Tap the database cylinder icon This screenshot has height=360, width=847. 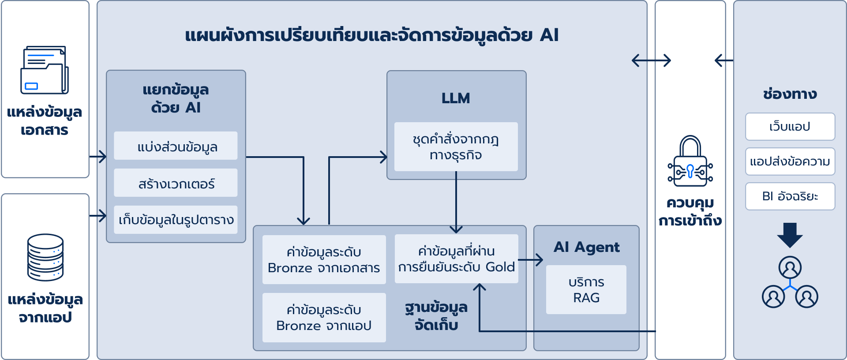(45, 257)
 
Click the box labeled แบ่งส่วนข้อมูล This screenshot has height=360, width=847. (176, 146)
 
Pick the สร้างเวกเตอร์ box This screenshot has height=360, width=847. (176, 183)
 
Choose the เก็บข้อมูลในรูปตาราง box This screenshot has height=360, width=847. (176, 220)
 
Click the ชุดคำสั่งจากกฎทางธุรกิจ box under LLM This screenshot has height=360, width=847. (456, 147)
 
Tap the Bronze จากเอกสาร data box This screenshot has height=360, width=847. (324, 260)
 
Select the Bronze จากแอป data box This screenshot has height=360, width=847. (324, 318)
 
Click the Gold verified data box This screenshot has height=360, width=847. (456, 259)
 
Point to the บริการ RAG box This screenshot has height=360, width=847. (586, 290)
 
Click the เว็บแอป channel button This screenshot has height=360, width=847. (790, 127)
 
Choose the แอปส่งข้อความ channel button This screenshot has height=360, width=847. (790, 161)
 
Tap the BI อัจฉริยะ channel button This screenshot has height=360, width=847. (790, 196)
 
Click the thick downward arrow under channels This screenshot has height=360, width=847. (790, 235)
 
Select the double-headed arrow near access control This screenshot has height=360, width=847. (651, 60)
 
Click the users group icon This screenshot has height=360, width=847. (790, 282)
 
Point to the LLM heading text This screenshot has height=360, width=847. (456, 98)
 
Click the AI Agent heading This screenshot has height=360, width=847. (586, 247)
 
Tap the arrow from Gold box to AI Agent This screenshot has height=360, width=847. (530, 260)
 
